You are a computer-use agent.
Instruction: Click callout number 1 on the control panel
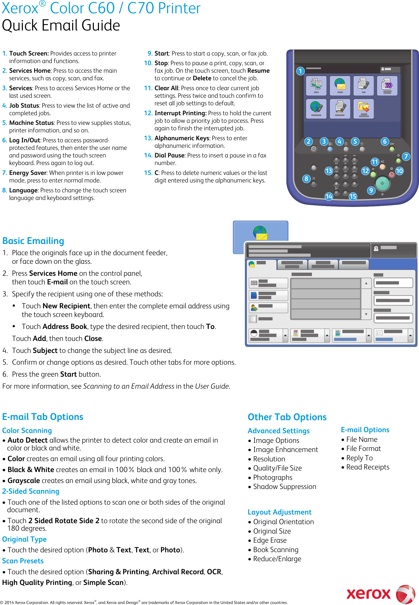300,71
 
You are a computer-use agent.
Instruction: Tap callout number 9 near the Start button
371,190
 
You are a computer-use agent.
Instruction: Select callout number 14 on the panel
329,197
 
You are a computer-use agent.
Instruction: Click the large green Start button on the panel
382,183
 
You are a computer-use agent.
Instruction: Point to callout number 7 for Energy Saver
406,157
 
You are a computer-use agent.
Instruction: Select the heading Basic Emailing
33,241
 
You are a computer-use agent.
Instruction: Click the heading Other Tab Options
287,417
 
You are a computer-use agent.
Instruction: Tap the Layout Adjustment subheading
279,512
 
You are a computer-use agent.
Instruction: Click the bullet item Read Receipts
368,467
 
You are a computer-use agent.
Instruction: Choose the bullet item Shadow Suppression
284,487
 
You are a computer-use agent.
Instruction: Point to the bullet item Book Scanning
276,549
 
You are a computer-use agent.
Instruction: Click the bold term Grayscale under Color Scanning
24,481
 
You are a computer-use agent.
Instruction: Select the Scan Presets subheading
23,561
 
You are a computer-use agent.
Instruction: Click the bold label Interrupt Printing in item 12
180,113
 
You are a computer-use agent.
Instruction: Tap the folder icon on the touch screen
363,107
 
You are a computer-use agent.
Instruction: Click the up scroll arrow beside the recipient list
366,283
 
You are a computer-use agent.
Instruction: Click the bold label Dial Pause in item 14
169,155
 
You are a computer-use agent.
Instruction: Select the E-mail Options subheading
365,430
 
